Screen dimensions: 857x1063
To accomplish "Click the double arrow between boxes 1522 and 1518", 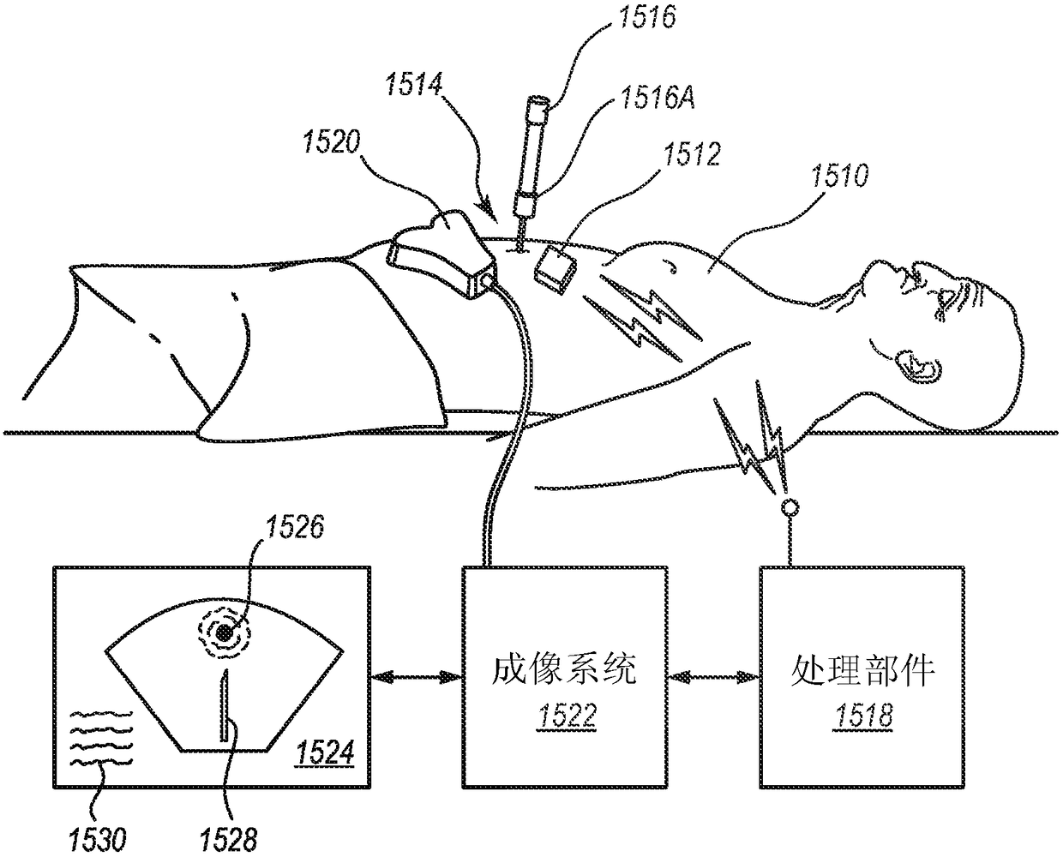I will (715, 677).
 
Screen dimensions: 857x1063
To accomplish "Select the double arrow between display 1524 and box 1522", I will (417, 677).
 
